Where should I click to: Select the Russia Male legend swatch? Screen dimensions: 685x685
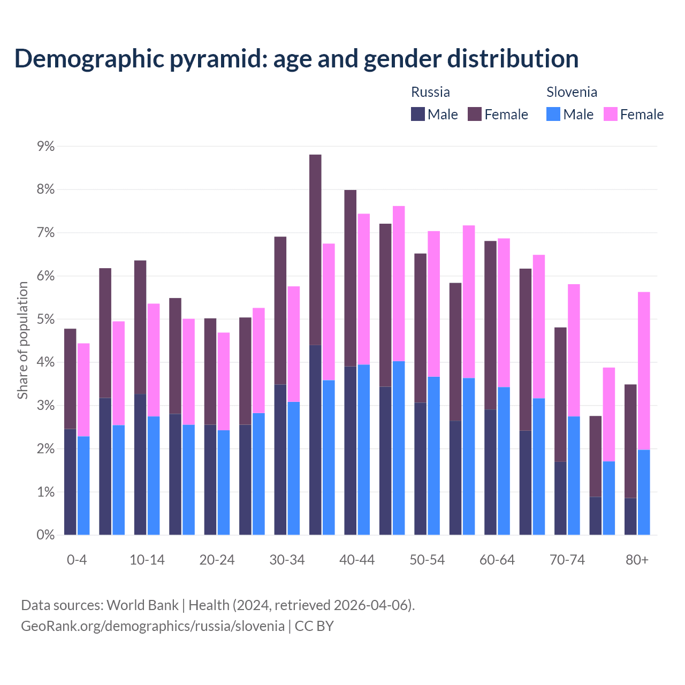point(417,114)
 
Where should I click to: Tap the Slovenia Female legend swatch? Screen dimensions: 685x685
point(610,114)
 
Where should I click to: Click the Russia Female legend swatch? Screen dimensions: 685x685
point(475,114)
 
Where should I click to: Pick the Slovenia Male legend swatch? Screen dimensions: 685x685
point(553,114)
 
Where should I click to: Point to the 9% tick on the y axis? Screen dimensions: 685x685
point(45,146)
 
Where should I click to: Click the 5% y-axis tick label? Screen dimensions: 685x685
point(45,319)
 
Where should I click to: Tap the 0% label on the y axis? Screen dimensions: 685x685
point(45,535)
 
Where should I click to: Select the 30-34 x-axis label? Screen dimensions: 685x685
point(287,560)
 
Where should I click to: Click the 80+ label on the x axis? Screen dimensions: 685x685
point(637,560)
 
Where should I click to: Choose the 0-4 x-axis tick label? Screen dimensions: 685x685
point(77,560)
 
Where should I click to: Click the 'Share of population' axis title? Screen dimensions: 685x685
point(22,340)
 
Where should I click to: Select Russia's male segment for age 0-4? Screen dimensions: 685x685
point(70,482)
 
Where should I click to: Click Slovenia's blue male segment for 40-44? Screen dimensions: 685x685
point(364,450)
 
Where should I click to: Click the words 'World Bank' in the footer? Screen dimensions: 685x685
point(142,605)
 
